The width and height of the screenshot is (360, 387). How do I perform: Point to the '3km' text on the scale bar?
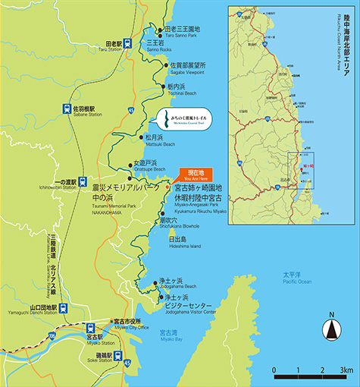click(x=345, y=370)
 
